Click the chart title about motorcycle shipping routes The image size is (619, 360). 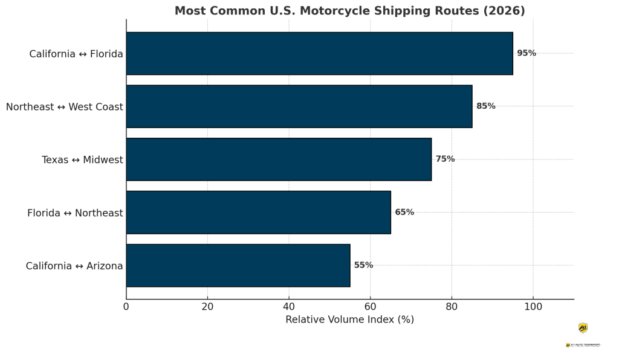pyautogui.click(x=349, y=11)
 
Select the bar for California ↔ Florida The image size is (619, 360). pyautogui.click(x=319, y=53)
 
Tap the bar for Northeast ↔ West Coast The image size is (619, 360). pyautogui.click(x=299, y=106)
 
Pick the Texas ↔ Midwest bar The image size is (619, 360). pyautogui.click(x=279, y=159)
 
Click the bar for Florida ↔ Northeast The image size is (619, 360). pyautogui.click(x=258, y=213)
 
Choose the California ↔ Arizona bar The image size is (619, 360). pyautogui.click(x=238, y=265)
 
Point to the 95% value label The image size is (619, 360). pyautogui.click(x=526, y=53)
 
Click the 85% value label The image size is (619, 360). pyautogui.click(x=485, y=106)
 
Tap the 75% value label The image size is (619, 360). pyautogui.click(x=445, y=159)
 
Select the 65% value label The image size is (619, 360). pyautogui.click(x=404, y=213)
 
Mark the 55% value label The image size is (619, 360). pyautogui.click(x=363, y=265)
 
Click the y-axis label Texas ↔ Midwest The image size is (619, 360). pyautogui.click(x=82, y=160)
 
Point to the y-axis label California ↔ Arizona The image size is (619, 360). pyautogui.click(x=74, y=266)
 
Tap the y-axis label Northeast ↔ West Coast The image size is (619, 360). pyautogui.click(x=65, y=107)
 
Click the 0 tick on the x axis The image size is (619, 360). pyautogui.click(x=126, y=306)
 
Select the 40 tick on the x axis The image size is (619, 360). pyautogui.click(x=289, y=306)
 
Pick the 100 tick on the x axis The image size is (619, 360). pyautogui.click(x=533, y=306)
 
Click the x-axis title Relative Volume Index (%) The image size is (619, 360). pyautogui.click(x=349, y=320)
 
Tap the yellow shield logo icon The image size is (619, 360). pyautogui.click(x=583, y=328)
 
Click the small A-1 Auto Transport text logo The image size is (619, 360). pyautogui.click(x=583, y=345)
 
